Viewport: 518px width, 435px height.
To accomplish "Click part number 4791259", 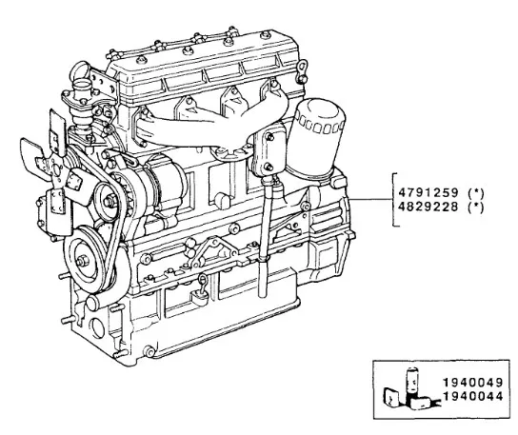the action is [x=428, y=192].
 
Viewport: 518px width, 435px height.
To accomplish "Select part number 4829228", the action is [x=428, y=207].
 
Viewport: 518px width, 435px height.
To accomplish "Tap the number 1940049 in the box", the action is [x=472, y=383].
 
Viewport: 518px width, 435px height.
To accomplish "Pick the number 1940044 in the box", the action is [x=472, y=396].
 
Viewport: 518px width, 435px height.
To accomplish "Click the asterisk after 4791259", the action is [x=476, y=192].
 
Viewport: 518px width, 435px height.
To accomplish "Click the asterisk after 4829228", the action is [x=476, y=208].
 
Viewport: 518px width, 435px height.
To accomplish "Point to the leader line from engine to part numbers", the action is [x=370, y=200].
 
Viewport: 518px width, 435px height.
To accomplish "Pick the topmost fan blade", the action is [x=57, y=126].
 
